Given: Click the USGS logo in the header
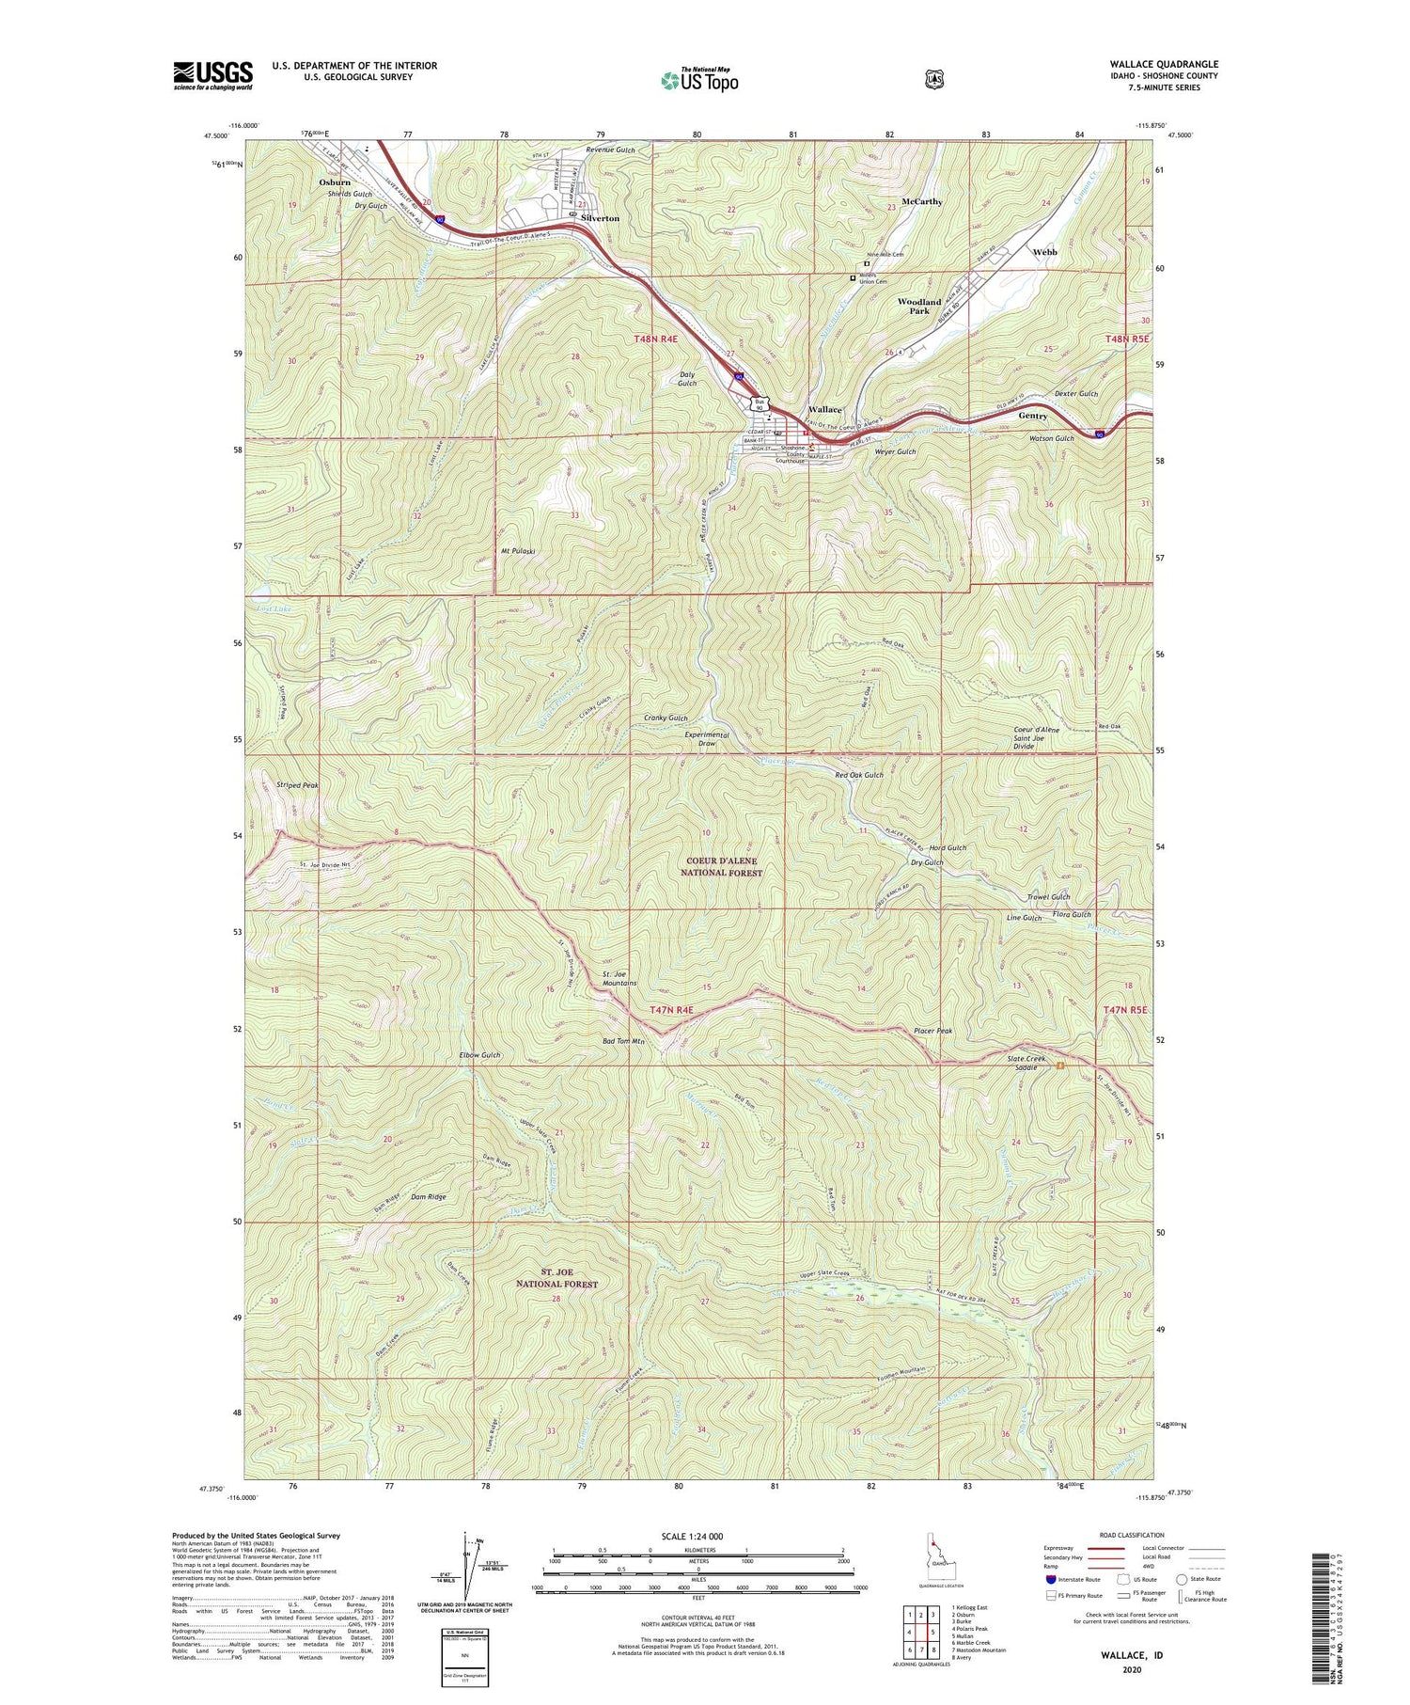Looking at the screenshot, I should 213,75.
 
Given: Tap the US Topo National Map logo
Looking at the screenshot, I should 699,80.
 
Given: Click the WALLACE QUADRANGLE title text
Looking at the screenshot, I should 1163,64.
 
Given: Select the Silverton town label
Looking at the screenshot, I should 600,217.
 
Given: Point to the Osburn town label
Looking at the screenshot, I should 334,182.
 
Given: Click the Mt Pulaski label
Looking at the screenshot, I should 512,551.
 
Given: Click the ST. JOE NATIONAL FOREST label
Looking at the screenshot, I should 556,1277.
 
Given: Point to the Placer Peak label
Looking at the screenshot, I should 932,1031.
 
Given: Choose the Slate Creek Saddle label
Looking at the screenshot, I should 1026,1063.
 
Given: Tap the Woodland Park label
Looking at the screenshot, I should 918,307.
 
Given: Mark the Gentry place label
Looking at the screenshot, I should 1032,416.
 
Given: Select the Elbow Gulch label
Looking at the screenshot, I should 479,1055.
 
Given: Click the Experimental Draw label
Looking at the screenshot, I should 706,739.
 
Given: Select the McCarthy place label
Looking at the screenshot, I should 921,201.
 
